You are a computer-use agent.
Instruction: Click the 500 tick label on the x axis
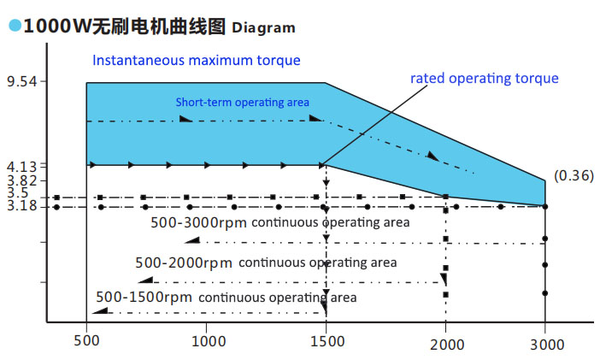tap(87, 339)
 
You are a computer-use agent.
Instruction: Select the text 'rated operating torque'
tap(484, 79)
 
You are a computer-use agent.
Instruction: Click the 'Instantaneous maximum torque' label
tap(197, 61)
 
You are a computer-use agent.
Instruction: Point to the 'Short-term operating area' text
tap(243, 103)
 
